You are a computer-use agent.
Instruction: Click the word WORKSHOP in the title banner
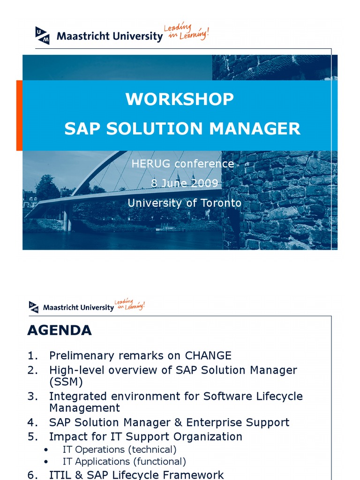point(180,99)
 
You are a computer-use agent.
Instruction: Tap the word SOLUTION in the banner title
point(154,128)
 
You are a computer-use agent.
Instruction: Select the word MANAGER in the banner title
point(255,128)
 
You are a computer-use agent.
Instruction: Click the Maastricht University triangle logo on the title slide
point(42,36)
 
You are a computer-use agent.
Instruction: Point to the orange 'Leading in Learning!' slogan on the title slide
point(187,31)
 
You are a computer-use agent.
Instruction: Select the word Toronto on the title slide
point(221,203)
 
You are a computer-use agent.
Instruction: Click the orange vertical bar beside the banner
point(19,115)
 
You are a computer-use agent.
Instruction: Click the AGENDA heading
point(60,330)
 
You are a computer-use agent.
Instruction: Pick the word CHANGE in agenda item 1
point(208,355)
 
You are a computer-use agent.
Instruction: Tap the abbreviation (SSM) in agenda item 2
point(66,382)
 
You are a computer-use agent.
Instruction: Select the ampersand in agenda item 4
point(178,422)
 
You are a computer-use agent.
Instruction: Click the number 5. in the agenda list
point(33,436)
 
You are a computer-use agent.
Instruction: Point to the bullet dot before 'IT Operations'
point(46,450)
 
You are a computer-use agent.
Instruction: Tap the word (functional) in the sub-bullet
point(161,461)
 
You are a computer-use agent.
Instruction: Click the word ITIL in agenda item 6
point(60,475)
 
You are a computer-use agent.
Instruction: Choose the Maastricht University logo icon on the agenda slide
point(34,307)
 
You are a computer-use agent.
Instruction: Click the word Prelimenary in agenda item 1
point(82,355)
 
